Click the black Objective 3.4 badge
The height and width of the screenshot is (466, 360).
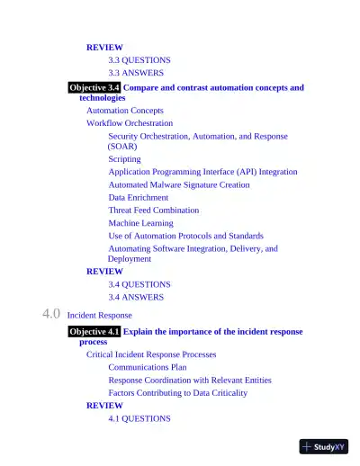pyautogui.click(x=94, y=88)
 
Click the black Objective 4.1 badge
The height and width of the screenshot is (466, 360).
pyautogui.click(x=94, y=332)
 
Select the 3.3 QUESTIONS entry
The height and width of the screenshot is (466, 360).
pyautogui.click(x=139, y=60)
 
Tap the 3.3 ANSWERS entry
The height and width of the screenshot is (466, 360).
pyautogui.click(x=137, y=73)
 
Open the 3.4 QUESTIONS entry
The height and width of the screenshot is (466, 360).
pyautogui.click(x=139, y=284)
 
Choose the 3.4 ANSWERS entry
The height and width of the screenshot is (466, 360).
pyautogui.click(x=137, y=297)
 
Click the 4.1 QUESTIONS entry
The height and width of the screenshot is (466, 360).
pyautogui.click(x=139, y=418)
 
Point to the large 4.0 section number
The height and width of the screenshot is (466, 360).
pyautogui.click(x=51, y=315)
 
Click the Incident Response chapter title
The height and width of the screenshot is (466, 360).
pyautogui.click(x=99, y=316)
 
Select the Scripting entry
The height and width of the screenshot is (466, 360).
pyautogui.click(x=125, y=159)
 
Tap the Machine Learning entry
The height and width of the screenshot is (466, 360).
pyautogui.click(x=141, y=223)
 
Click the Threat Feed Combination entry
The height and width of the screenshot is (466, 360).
pyautogui.click(x=154, y=211)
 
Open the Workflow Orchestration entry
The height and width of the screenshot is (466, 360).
pyautogui.click(x=130, y=123)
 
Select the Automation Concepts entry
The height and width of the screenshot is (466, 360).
pyautogui.click(x=125, y=111)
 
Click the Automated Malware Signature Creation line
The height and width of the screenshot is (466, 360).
pyautogui.click(x=179, y=185)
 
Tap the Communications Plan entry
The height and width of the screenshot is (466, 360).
pyautogui.click(x=148, y=367)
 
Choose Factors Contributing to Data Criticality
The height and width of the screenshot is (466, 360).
pyautogui.click(x=177, y=393)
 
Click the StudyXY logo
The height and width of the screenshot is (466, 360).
pyautogui.click(x=324, y=446)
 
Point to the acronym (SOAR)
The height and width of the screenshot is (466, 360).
pyautogui.click(x=122, y=146)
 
